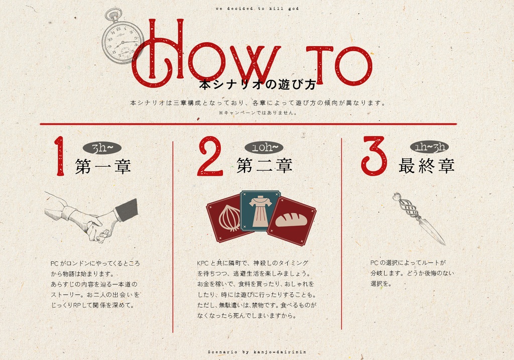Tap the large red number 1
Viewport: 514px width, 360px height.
(60, 156)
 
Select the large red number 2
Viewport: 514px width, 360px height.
(210, 156)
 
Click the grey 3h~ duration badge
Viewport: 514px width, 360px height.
(102, 148)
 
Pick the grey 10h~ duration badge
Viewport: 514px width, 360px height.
(264, 148)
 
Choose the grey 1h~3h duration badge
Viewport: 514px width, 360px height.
(430, 147)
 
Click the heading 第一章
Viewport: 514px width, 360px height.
(103, 166)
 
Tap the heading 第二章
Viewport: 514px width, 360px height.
(265, 165)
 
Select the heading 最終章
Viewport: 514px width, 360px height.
(427, 166)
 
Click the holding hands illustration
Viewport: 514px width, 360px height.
(91, 217)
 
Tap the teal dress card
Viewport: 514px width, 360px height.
(261, 211)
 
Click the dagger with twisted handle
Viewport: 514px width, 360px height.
(418, 218)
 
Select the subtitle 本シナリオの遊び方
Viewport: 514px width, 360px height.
(258, 84)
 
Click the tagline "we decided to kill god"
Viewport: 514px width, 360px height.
(258, 9)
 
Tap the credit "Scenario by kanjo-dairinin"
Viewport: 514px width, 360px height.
(258, 352)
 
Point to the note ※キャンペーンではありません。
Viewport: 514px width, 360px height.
(258, 112)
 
